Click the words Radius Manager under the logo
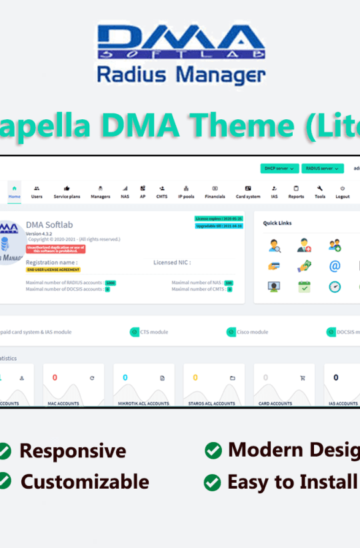[x=181, y=74]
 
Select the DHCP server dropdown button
[x=279, y=169]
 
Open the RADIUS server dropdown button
[x=322, y=169]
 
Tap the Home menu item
[x=14, y=192]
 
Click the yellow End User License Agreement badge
[x=53, y=270]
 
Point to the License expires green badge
[x=218, y=219]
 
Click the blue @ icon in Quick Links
[x=335, y=266]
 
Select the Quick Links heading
[x=277, y=223]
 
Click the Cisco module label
[x=252, y=331]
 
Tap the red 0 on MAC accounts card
[x=55, y=377]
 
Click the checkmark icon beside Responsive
[x=5, y=451]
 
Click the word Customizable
[x=85, y=481]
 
